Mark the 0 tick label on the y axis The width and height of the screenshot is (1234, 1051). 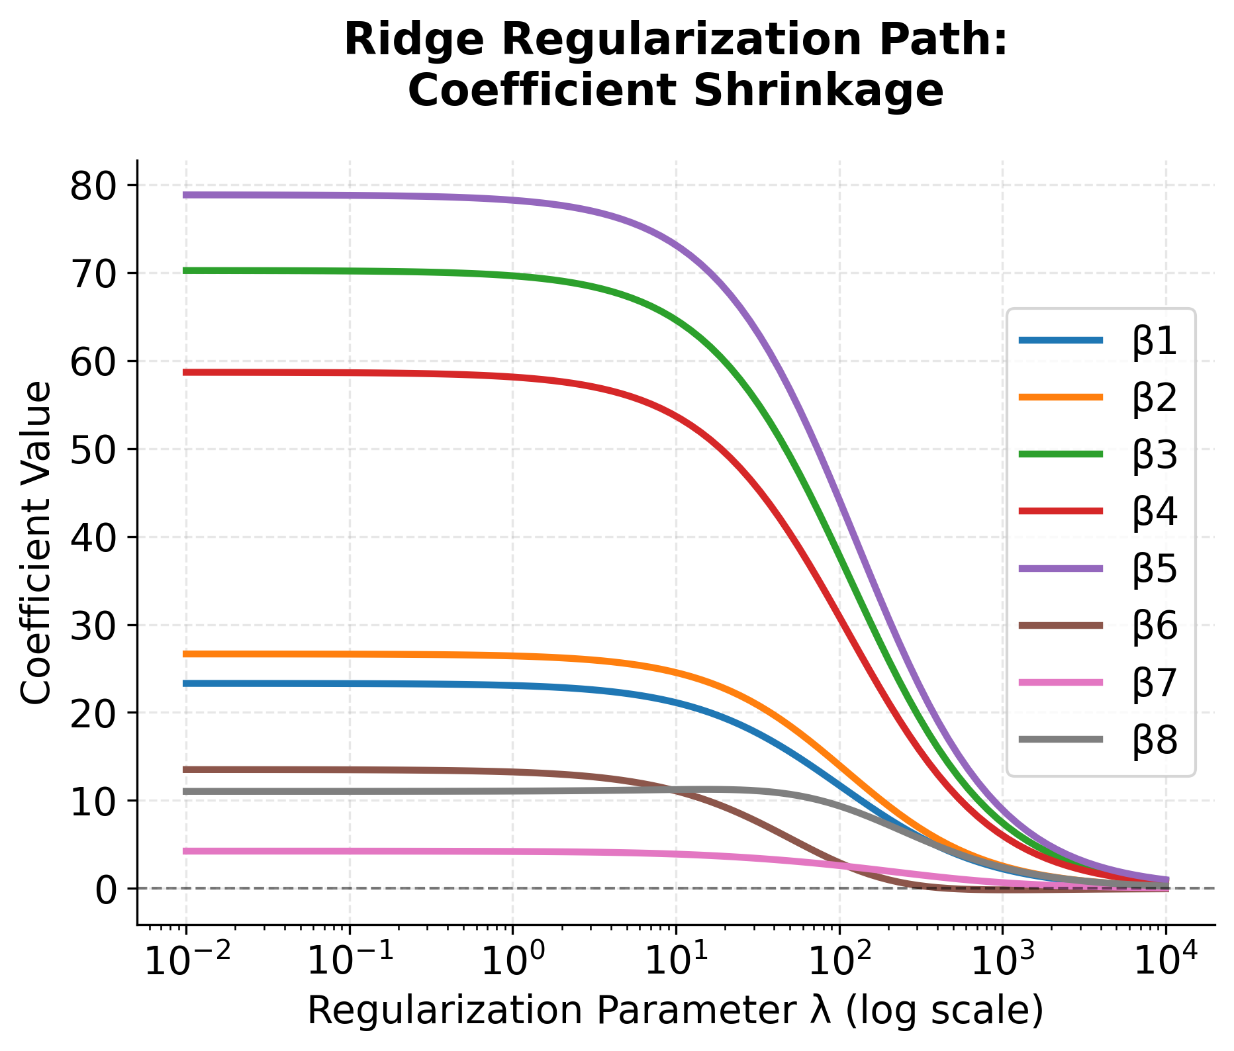[106, 889]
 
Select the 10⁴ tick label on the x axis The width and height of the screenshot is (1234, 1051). [1166, 962]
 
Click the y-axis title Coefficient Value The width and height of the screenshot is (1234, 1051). [36, 543]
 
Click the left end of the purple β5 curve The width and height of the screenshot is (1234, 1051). [186, 195]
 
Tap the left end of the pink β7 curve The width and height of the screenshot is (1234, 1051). [186, 851]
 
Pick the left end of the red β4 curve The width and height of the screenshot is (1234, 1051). [186, 372]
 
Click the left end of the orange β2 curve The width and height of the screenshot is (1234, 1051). [186, 654]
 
